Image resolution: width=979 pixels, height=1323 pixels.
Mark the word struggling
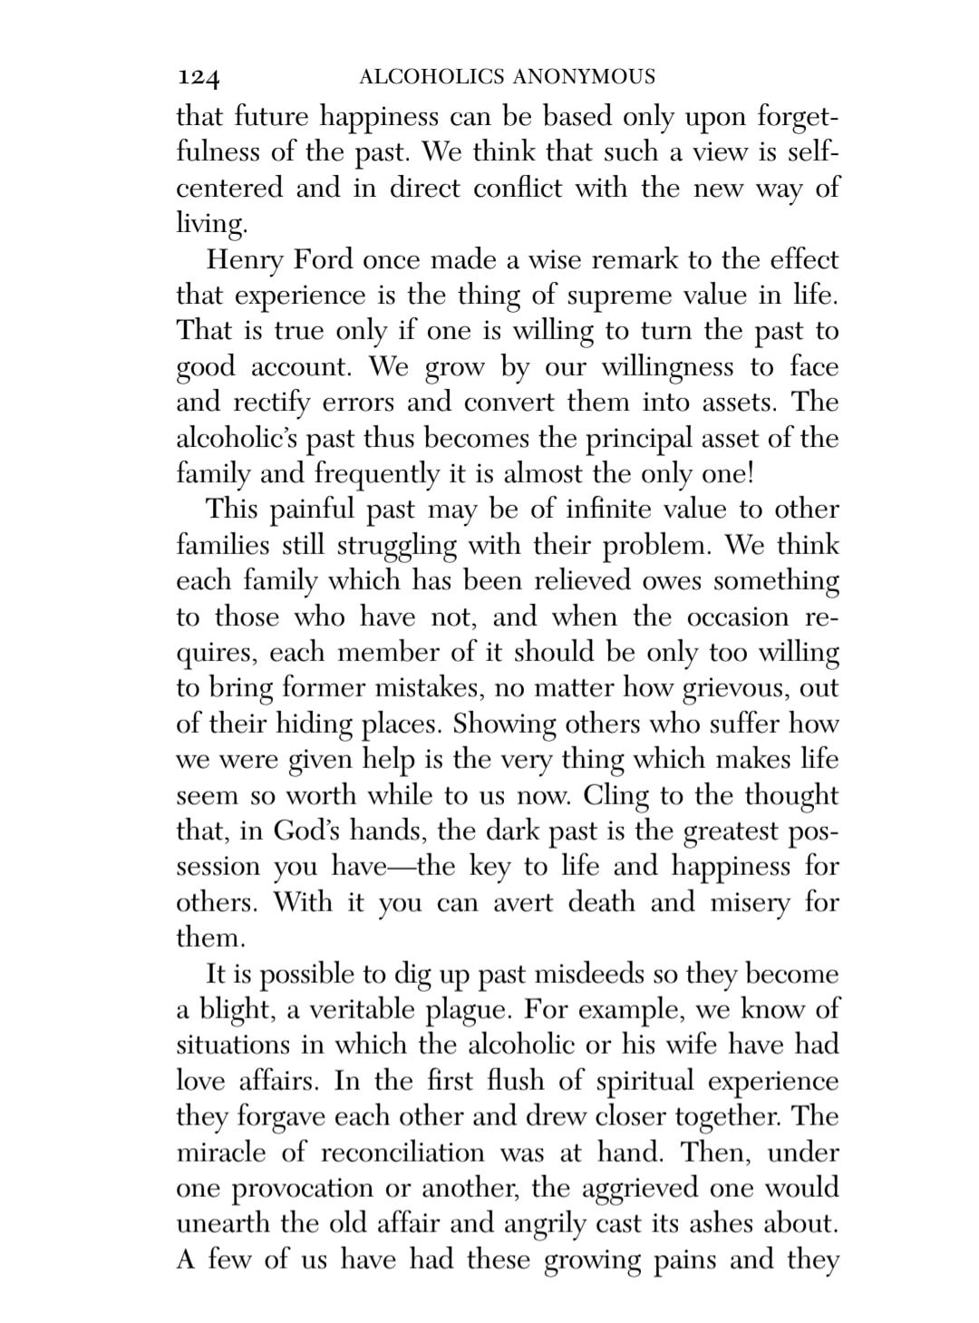[410, 547]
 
